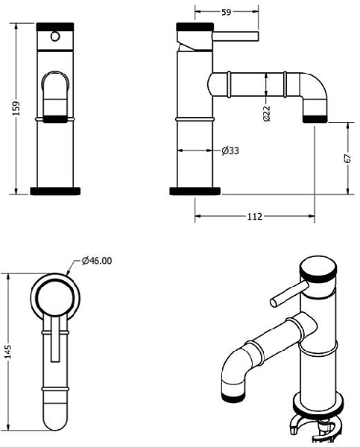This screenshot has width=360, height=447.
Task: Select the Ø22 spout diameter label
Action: (266, 113)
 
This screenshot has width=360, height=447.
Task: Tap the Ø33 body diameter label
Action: (230, 151)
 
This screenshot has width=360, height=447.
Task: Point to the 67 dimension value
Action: (347, 159)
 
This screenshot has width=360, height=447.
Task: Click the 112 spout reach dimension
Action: (253, 217)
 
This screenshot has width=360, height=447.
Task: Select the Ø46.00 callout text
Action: (97, 260)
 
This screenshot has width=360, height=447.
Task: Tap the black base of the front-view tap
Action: (56, 191)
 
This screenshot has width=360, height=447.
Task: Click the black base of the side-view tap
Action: (195, 191)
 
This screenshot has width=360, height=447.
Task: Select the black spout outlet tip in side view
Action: (316, 117)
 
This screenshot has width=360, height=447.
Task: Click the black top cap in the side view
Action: (195, 28)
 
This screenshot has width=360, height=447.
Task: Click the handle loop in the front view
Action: (56, 93)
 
